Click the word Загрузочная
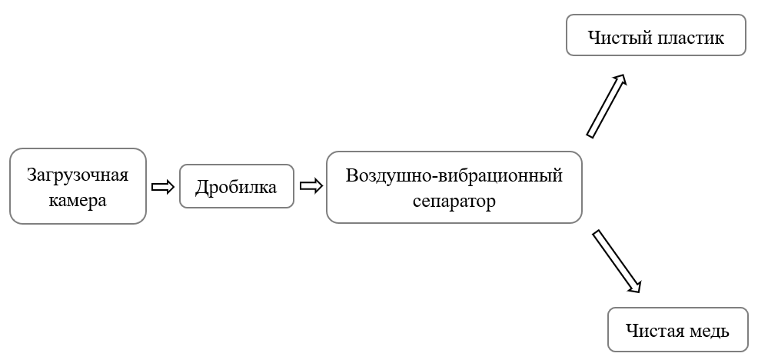click(78, 175)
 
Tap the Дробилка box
click(236, 187)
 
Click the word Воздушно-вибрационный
click(454, 175)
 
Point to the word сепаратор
click(454, 202)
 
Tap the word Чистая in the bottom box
click(653, 332)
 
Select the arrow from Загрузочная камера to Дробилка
click(162, 187)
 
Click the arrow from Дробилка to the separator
click(310, 187)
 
